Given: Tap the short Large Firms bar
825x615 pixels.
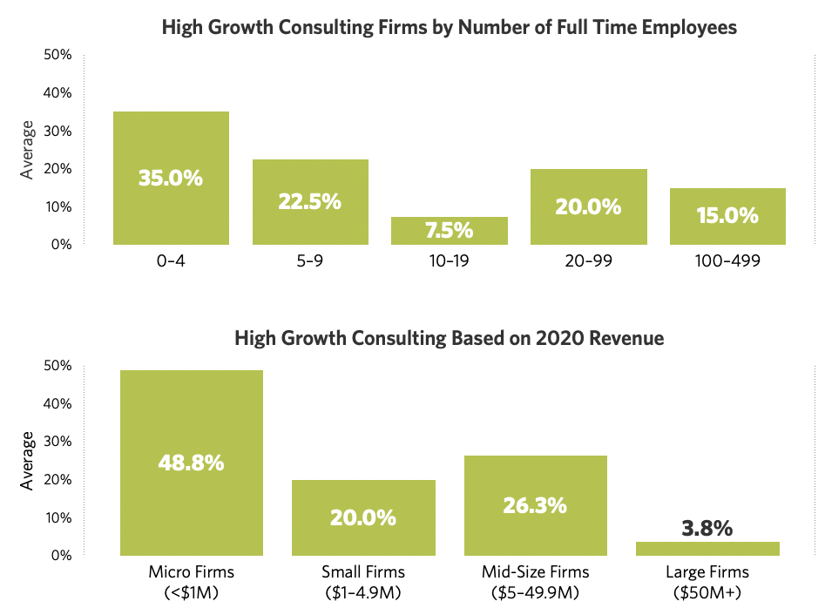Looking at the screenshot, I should click(x=707, y=549).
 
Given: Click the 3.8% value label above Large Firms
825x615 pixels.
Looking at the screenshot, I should click(x=707, y=529).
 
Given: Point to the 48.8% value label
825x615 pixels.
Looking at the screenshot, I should click(x=192, y=463).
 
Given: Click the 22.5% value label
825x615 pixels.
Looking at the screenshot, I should click(x=310, y=201).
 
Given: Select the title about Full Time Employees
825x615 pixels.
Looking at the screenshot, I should click(x=450, y=28).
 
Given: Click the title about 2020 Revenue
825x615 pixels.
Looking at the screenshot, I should click(x=450, y=338).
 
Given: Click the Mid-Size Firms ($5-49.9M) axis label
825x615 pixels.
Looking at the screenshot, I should click(x=535, y=582).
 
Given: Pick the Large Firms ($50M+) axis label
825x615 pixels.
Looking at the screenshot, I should click(x=707, y=582).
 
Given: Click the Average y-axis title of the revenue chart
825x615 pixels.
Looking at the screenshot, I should click(x=28, y=460).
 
